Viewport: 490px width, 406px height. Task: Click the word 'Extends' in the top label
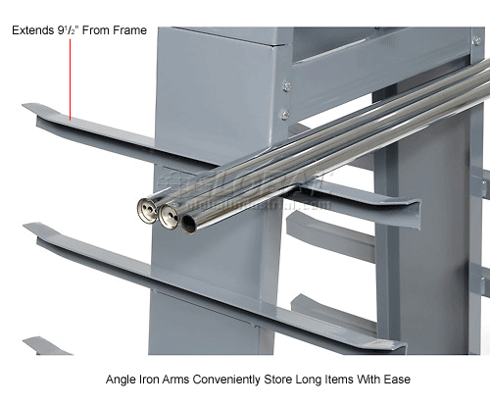(34, 30)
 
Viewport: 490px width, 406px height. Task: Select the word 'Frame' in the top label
(128, 30)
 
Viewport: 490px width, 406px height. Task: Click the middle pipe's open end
(169, 217)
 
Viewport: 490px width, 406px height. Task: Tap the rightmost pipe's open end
(188, 224)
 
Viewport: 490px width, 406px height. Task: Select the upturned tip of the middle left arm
(31, 231)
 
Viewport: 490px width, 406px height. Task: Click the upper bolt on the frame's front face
(286, 85)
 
